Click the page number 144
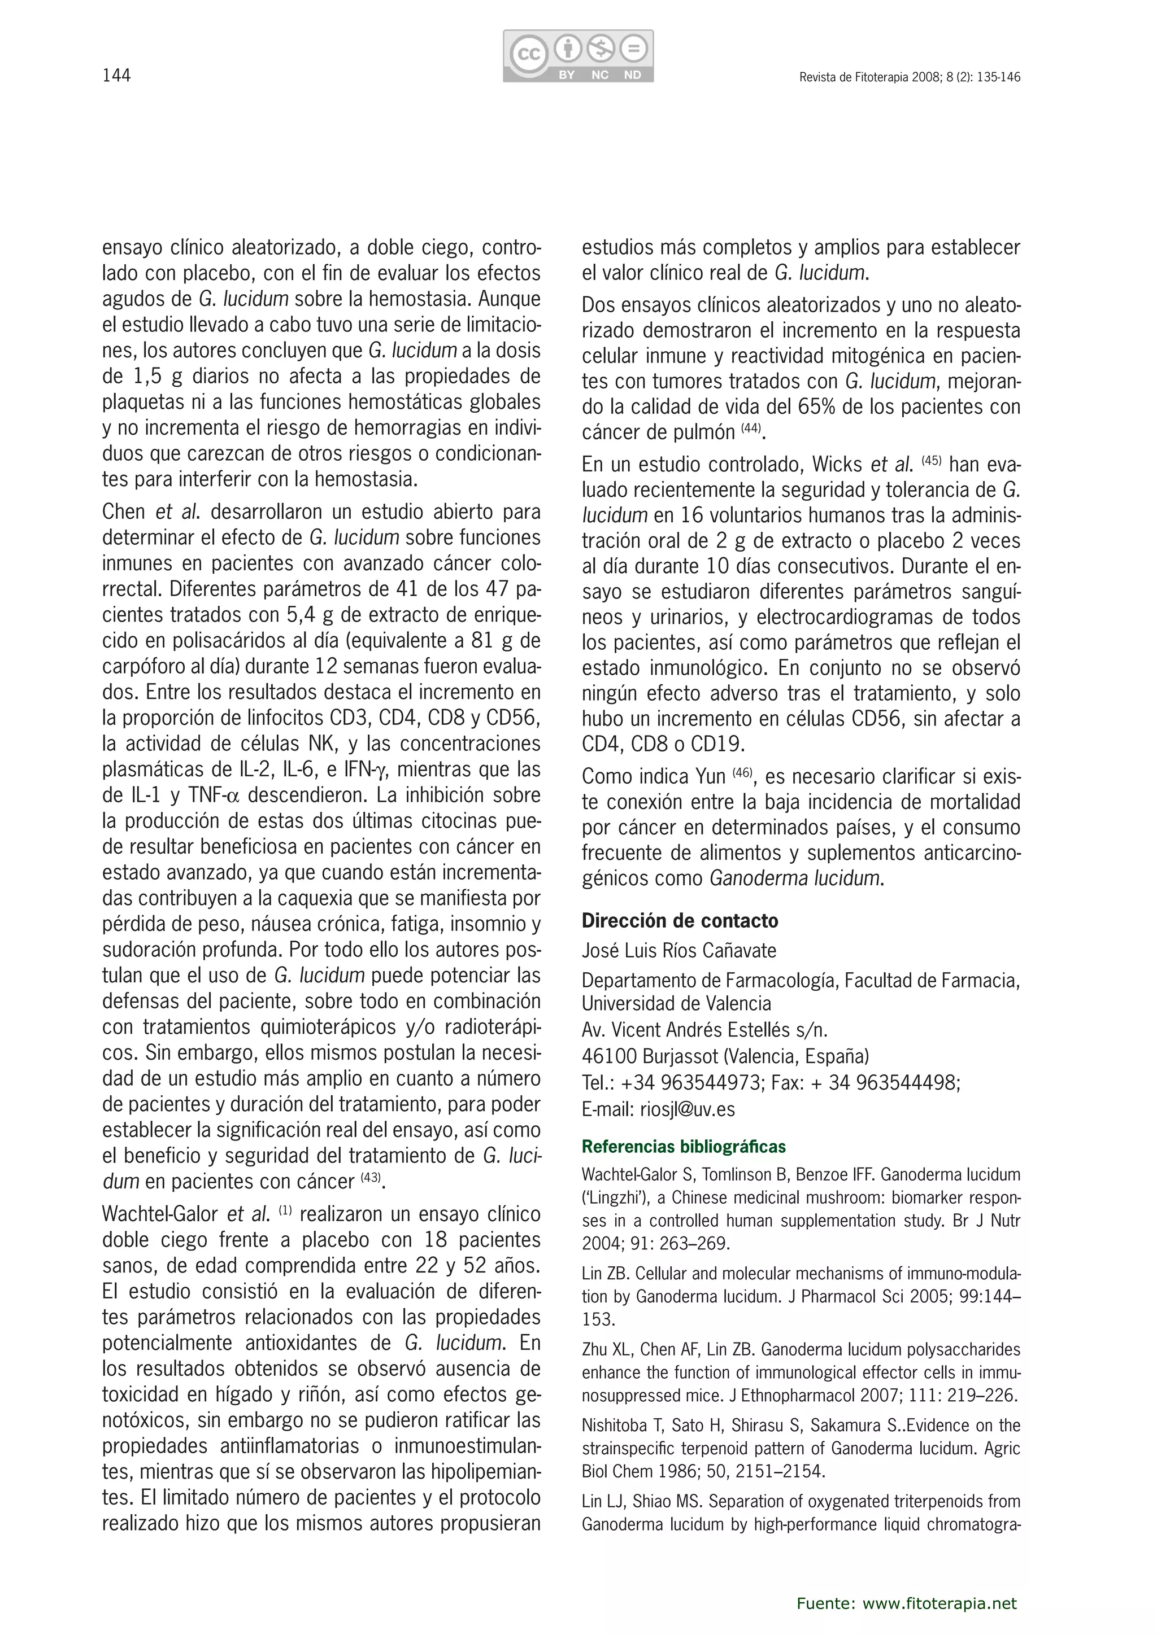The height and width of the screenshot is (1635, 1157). [x=117, y=76]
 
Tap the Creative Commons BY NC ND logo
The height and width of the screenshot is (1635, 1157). [x=578, y=55]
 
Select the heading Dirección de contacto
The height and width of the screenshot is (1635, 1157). [x=680, y=921]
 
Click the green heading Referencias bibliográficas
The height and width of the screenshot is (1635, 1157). [x=683, y=1147]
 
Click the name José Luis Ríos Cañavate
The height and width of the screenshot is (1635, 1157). [x=679, y=951]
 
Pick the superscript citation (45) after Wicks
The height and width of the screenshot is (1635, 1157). [x=931, y=461]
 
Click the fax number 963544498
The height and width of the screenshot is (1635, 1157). [x=905, y=1083]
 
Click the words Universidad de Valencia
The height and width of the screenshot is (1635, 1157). [x=676, y=1003]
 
